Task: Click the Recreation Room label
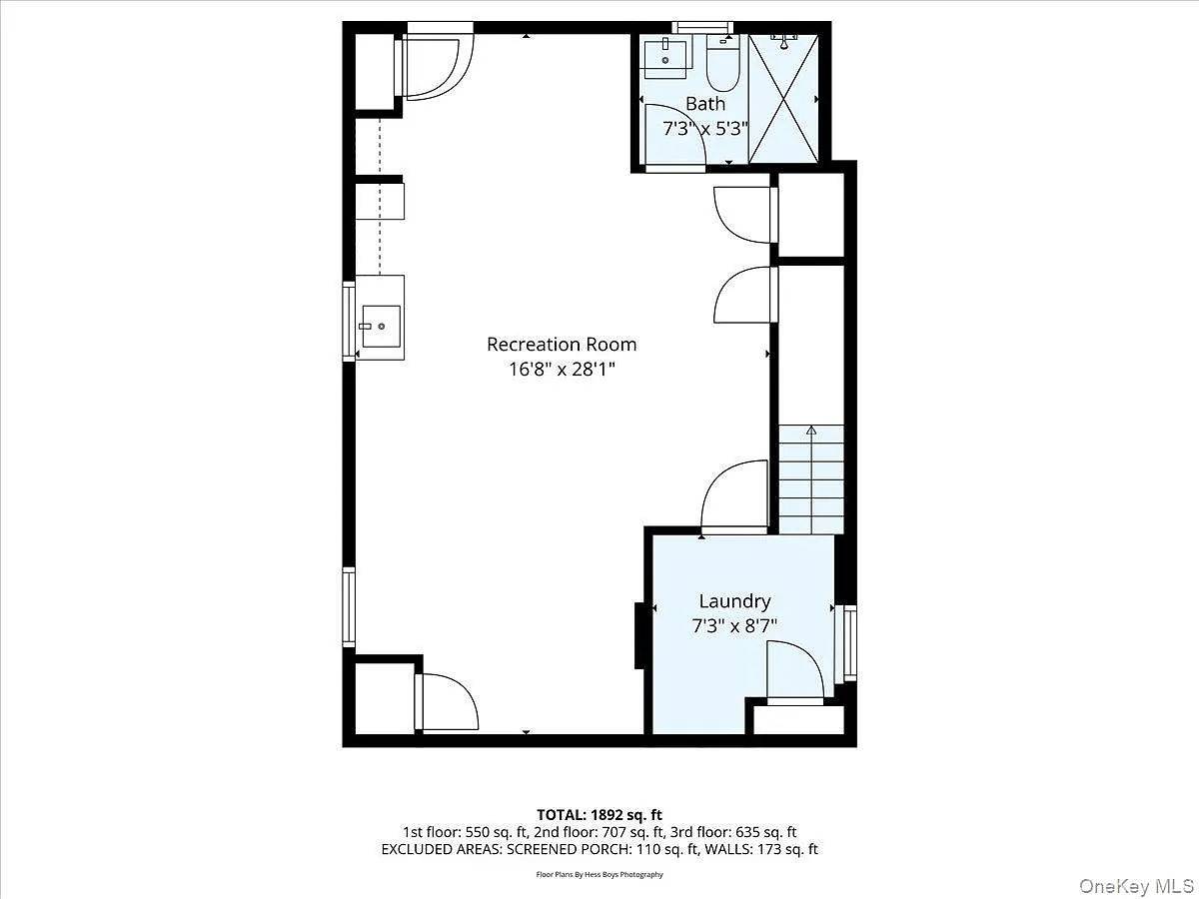point(562,345)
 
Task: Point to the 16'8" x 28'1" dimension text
point(562,369)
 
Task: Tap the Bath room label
point(705,104)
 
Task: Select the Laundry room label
point(734,601)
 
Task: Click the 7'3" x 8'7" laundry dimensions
point(734,626)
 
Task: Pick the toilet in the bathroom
point(720,62)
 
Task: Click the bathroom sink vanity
point(665,57)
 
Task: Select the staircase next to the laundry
point(811,479)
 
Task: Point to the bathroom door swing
point(674,135)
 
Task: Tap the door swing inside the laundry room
point(795,671)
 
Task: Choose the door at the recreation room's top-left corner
point(436,67)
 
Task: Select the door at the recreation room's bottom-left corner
point(447,702)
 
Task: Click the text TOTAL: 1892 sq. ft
point(599,813)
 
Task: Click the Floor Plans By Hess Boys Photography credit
point(599,874)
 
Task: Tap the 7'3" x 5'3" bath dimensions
point(705,128)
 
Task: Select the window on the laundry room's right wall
point(850,642)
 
